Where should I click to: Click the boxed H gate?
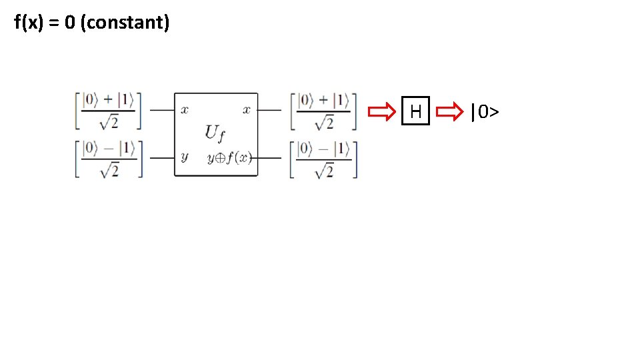[416, 111]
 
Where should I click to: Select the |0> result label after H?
[485, 111]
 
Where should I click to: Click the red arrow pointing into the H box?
[383, 111]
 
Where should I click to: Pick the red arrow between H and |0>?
[451, 111]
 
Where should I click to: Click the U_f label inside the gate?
[215, 133]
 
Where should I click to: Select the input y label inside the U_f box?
[185, 157]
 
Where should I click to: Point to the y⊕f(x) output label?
[229, 158]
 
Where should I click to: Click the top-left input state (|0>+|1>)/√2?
[108, 111]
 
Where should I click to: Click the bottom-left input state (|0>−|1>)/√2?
[108, 159]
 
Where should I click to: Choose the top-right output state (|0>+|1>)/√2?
[323, 111]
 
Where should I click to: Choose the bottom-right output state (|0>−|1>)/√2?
[323, 159]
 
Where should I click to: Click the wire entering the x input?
[161, 110]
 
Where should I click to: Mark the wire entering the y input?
[161, 158]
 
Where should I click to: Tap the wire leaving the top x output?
[269, 110]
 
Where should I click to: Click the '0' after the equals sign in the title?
[69, 23]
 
